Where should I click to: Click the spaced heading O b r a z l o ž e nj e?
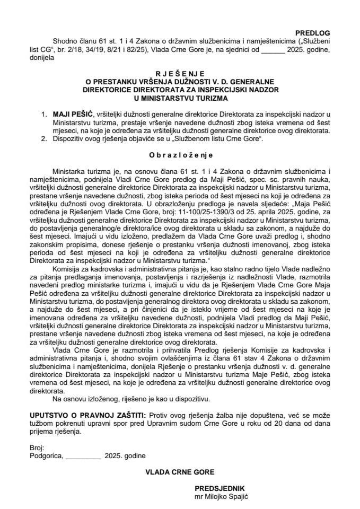[180, 155]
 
